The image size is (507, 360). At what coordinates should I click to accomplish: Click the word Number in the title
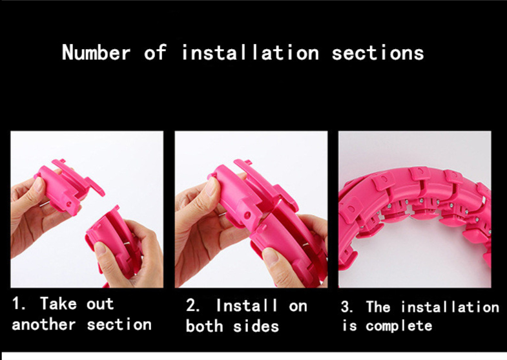coord(96,52)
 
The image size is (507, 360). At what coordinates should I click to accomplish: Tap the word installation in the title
coord(251,52)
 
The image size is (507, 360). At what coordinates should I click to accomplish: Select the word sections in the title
coord(378,53)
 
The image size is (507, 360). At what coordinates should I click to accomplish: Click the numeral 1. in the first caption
coord(19,304)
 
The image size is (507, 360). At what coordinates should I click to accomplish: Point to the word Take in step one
coord(59,304)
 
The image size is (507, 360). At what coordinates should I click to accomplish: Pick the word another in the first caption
coord(44,324)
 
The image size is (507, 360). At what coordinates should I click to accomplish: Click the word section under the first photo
coord(119,324)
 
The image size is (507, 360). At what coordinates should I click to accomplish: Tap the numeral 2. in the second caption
coord(193,305)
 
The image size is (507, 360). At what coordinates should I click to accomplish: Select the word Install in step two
coord(247,305)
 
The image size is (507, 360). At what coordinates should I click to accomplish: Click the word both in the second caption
coord(204,326)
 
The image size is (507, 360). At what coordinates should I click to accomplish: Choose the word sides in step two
coord(256,326)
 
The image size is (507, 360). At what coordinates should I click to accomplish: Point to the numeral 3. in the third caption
coord(347,306)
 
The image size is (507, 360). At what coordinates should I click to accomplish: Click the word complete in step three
coord(399,326)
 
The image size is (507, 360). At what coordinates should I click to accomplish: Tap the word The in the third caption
coord(378,306)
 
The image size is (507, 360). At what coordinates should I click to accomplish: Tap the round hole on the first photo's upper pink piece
coord(69,204)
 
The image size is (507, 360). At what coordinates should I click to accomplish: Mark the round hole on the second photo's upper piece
coord(247,214)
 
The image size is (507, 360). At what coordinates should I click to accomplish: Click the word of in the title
coord(155,52)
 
